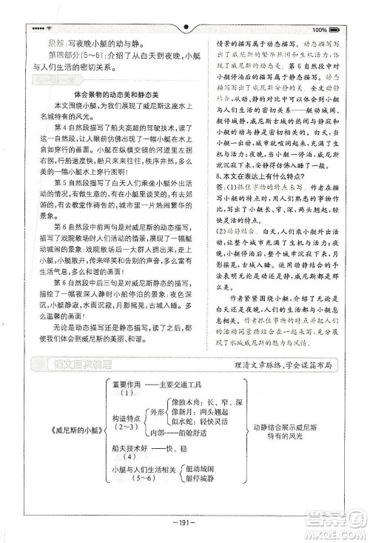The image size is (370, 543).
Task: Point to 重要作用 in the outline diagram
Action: (125, 384)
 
